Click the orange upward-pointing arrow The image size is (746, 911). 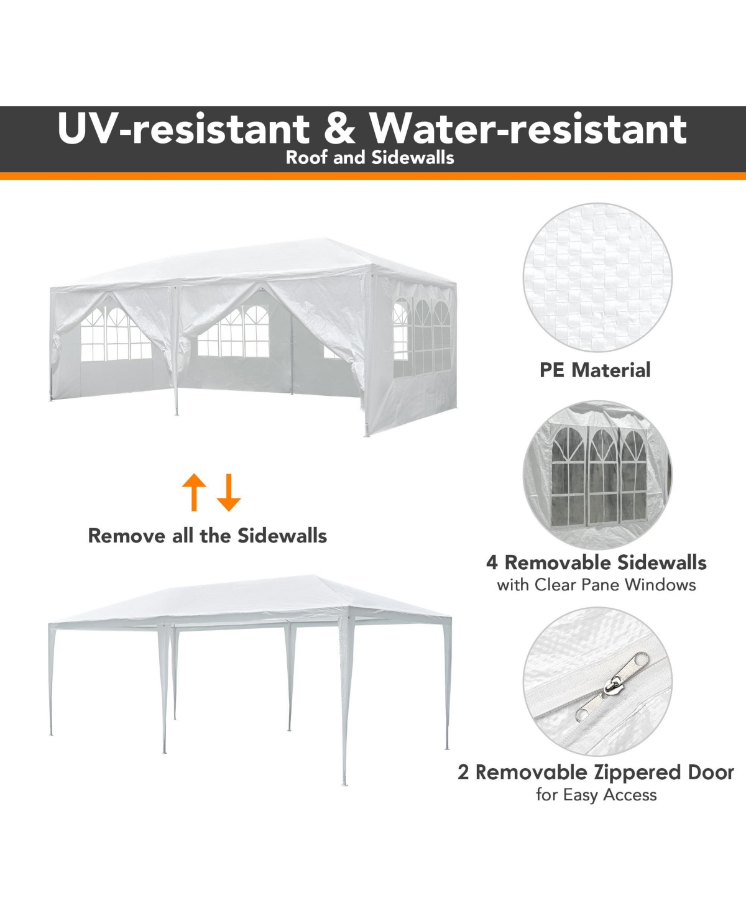[194, 492]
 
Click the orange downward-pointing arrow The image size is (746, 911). [229, 492]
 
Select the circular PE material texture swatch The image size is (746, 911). [597, 277]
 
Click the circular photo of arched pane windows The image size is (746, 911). [597, 475]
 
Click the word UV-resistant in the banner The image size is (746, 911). [183, 128]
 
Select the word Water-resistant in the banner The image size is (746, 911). [528, 128]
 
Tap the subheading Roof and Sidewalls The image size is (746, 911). [370, 158]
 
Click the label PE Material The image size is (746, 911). [595, 370]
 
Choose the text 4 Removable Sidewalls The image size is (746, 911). [596, 563]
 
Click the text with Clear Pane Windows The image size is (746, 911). [596, 585]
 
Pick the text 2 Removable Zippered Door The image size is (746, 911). [596, 772]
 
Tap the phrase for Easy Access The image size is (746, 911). [596, 795]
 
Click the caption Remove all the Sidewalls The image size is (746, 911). [208, 536]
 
